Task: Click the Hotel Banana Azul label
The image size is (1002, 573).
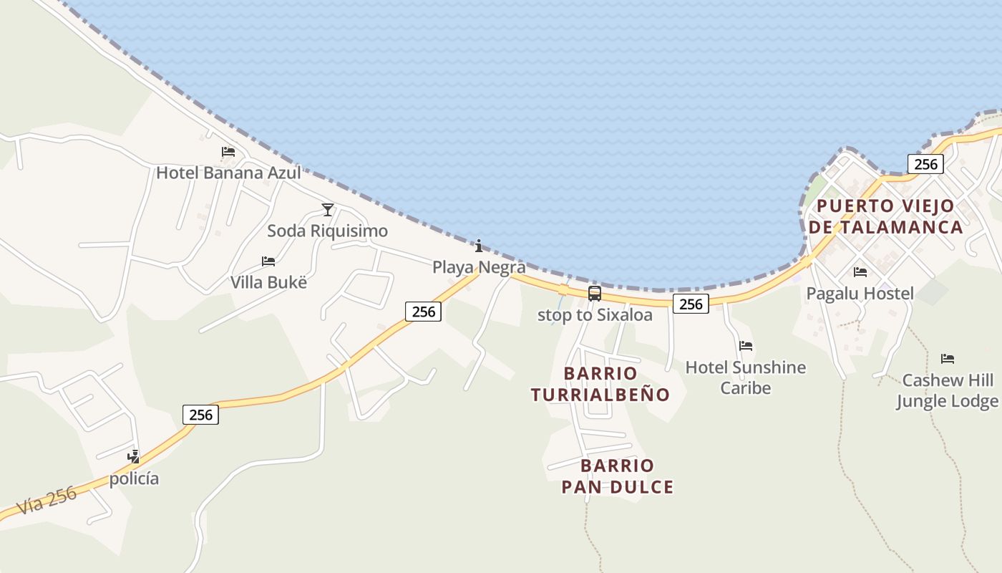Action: tap(228, 173)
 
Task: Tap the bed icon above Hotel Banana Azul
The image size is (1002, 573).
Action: tap(228, 152)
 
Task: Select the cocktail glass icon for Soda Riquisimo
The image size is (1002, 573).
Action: tap(328, 209)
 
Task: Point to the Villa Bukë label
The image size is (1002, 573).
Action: tap(268, 282)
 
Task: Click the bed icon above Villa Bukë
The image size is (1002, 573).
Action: tap(268, 261)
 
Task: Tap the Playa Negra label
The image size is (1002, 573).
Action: tap(479, 267)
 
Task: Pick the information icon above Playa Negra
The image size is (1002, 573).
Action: tap(479, 246)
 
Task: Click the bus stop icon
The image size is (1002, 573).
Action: tap(595, 293)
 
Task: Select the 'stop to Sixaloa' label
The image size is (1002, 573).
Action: tap(595, 315)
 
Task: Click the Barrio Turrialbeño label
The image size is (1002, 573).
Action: tap(600, 384)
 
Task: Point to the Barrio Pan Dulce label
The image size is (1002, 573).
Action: tap(617, 476)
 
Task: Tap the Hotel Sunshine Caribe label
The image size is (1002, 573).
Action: tap(746, 377)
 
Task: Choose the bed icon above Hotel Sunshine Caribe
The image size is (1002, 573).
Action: tap(746, 346)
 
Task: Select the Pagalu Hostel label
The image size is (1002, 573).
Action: tap(860, 293)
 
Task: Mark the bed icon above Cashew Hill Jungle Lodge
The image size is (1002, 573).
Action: tap(948, 359)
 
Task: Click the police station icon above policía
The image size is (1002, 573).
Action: tap(133, 456)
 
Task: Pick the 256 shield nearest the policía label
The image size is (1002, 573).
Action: tap(201, 415)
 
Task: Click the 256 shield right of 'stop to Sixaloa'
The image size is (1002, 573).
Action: tap(691, 304)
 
